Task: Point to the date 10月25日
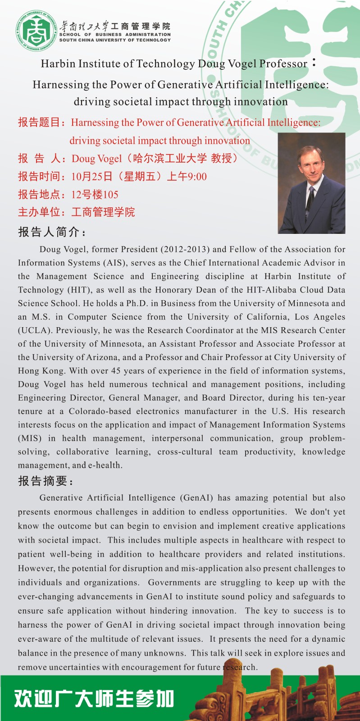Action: tap(92, 177)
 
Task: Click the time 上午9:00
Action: tap(187, 177)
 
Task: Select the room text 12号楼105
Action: tap(95, 195)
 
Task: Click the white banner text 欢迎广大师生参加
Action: tap(94, 698)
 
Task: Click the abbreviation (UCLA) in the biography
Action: tap(34, 330)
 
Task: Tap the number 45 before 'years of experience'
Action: tap(116, 371)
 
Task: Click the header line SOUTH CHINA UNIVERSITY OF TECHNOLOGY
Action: tap(115, 40)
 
